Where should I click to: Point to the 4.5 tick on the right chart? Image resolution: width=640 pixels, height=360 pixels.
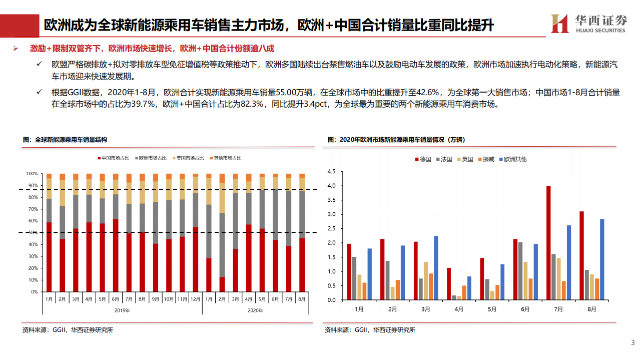coord(331,171)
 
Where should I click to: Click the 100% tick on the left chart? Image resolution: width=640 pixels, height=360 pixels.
coord(32,174)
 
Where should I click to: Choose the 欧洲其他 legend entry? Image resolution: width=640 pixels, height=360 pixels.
coord(512,159)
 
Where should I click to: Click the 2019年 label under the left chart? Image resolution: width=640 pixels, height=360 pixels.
coord(122,310)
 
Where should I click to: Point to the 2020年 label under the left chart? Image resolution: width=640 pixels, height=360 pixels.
coord(255,310)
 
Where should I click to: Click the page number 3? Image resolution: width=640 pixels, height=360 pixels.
coord(632,343)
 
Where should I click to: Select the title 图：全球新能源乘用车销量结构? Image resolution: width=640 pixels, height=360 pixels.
coord(65,140)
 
